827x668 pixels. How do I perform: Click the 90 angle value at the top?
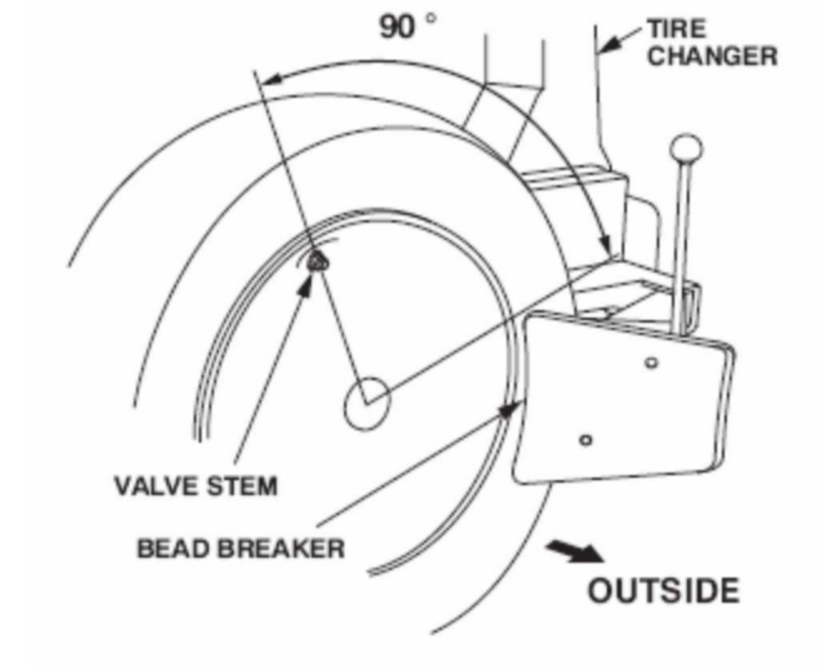pos(398,26)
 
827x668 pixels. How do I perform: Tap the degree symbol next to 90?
pos(433,16)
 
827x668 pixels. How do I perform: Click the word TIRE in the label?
pos(676,30)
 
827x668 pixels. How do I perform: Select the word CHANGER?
pos(712,57)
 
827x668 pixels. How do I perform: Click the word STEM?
pos(241,485)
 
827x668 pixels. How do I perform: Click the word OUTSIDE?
pos(664,591)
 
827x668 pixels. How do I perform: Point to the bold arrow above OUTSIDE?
pos(574,551)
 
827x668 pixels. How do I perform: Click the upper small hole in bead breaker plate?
pos(652,363)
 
